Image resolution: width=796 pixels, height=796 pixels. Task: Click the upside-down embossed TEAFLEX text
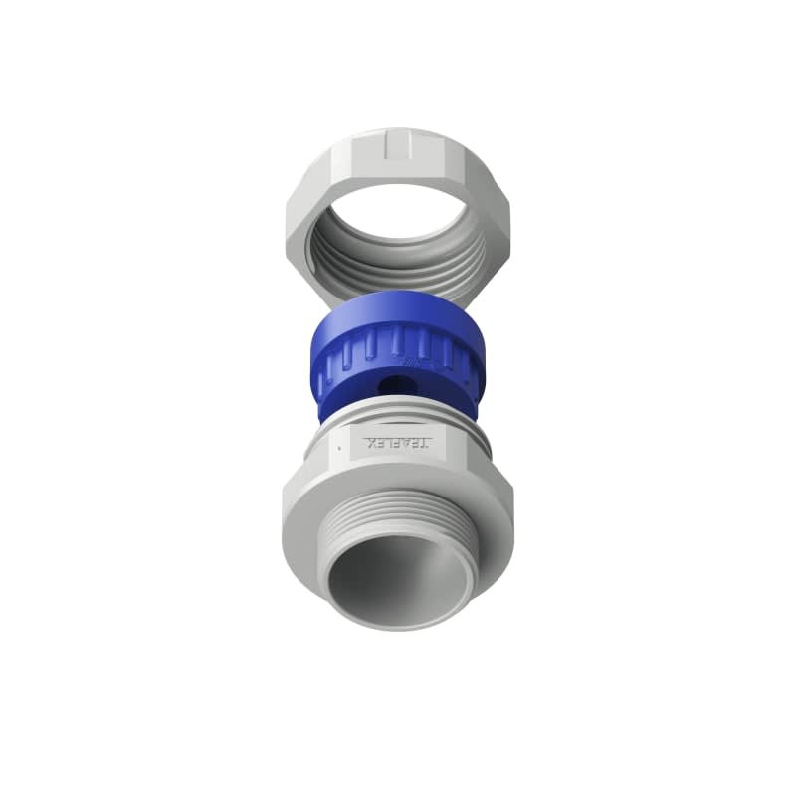[x=399, y=441]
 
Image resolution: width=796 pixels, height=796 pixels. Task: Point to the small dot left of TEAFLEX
[x=339, y=447]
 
